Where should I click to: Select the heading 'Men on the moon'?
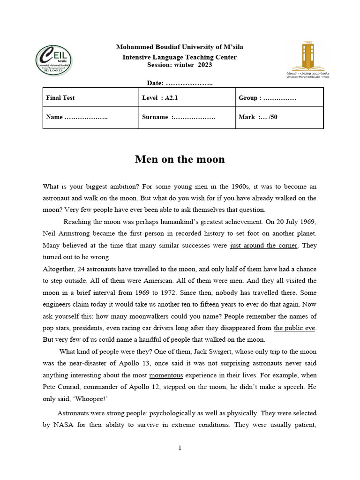coord(180,159)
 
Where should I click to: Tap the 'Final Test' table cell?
coord(60,98)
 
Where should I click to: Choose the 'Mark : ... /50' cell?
coord(258,117)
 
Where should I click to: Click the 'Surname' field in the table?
coord(178,117)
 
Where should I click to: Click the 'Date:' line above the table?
coord(180,83)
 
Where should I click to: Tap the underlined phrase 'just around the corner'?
coord(263,246)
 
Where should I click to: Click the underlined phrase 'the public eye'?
coord(295,328)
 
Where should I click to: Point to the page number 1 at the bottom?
coord(180,448)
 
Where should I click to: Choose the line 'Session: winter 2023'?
coord(180,65)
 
